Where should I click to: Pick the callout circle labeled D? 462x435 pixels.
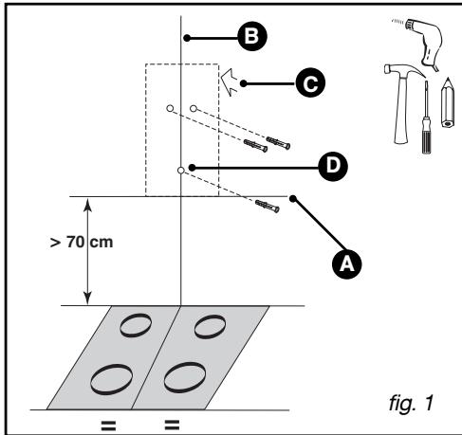(333, 167)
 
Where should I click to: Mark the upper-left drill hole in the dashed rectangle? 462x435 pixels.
(170, 110)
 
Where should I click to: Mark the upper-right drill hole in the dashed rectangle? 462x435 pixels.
(194, 110)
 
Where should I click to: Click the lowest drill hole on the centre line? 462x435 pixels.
(180, 171)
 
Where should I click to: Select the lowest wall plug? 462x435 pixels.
(267, 206)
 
